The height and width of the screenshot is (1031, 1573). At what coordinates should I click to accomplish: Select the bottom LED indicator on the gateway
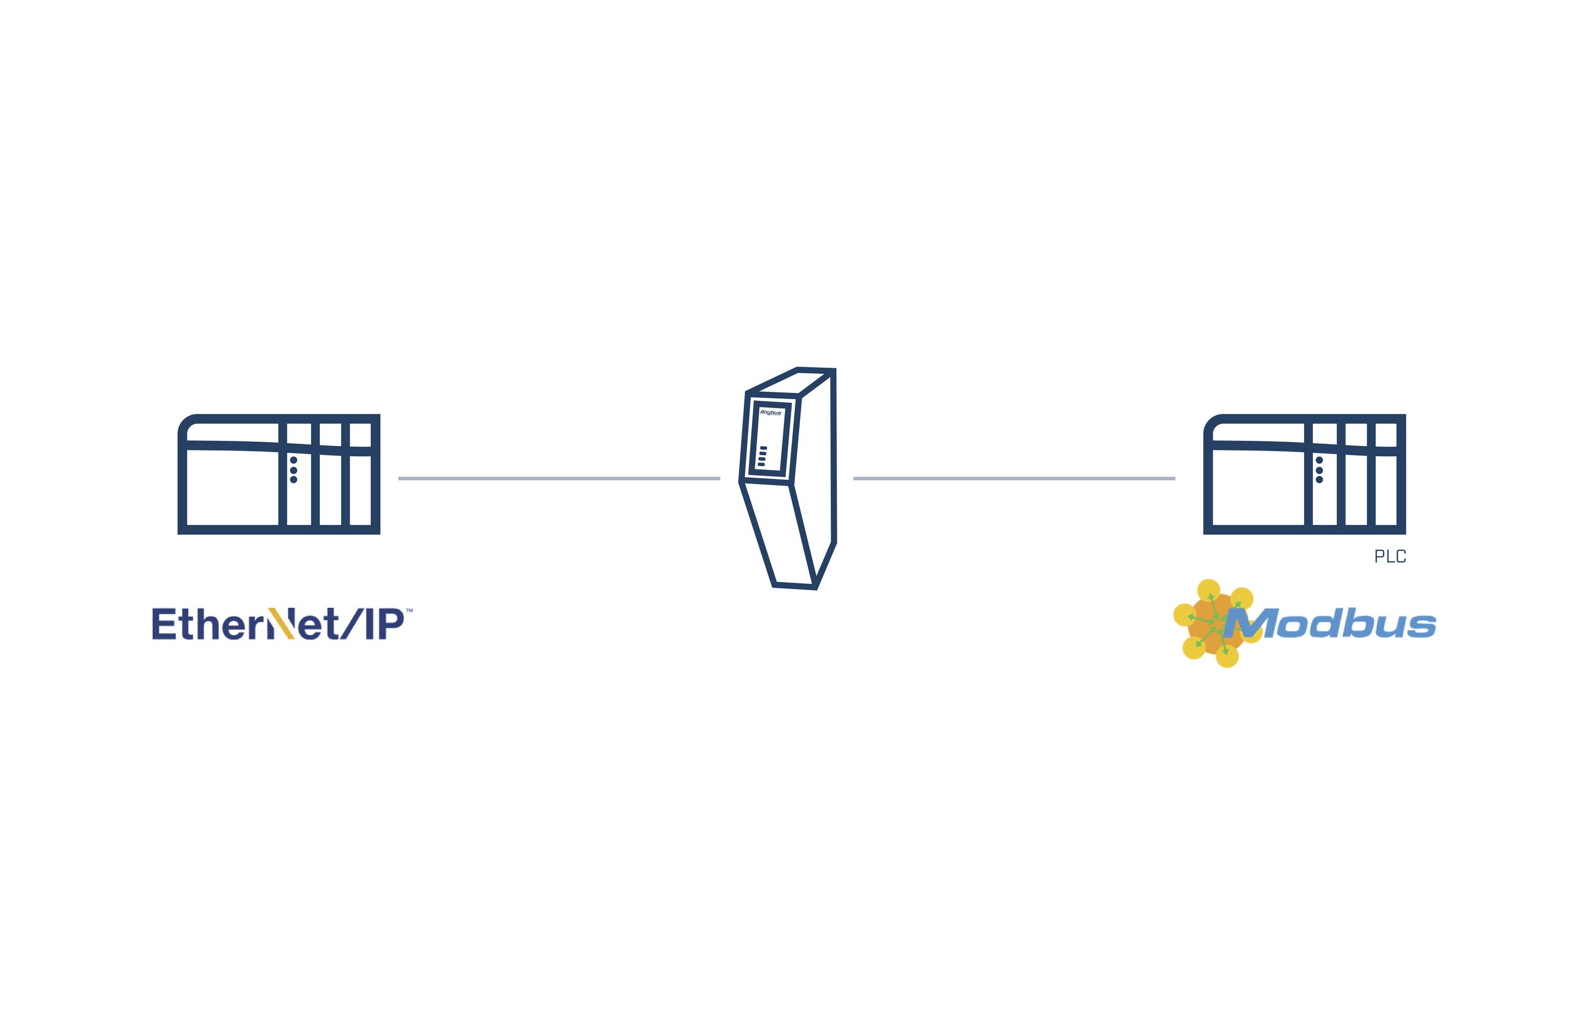761,465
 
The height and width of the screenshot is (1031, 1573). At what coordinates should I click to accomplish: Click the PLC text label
1390,556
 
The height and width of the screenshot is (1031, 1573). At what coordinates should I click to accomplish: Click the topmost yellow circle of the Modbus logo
1209,589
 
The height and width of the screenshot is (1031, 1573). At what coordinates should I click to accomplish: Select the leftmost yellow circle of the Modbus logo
1184,615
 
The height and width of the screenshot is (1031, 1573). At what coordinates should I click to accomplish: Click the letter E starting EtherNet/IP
165,625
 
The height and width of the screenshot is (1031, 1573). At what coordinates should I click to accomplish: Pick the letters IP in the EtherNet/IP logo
384,625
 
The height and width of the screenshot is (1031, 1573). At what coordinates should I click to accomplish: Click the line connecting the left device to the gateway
558,478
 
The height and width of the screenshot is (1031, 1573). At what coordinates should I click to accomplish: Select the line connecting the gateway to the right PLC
1014,478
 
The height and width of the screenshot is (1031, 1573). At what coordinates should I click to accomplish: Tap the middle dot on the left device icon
294,470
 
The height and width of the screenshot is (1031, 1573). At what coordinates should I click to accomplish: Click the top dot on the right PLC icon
1319,460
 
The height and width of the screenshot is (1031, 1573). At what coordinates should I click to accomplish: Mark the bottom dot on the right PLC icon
1319,480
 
